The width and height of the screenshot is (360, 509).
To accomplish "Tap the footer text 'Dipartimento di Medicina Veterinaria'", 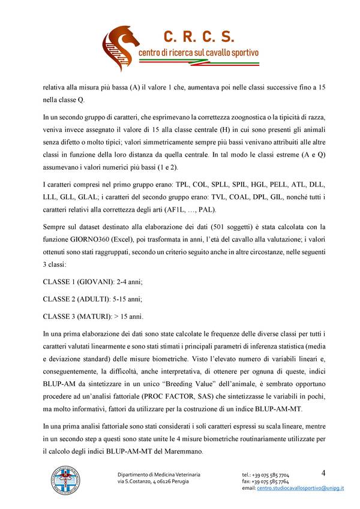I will pyautogui.click(x=158, y=475).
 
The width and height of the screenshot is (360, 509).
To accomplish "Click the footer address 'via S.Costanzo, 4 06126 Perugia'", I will pyautogui.click(x=153, y=481).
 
